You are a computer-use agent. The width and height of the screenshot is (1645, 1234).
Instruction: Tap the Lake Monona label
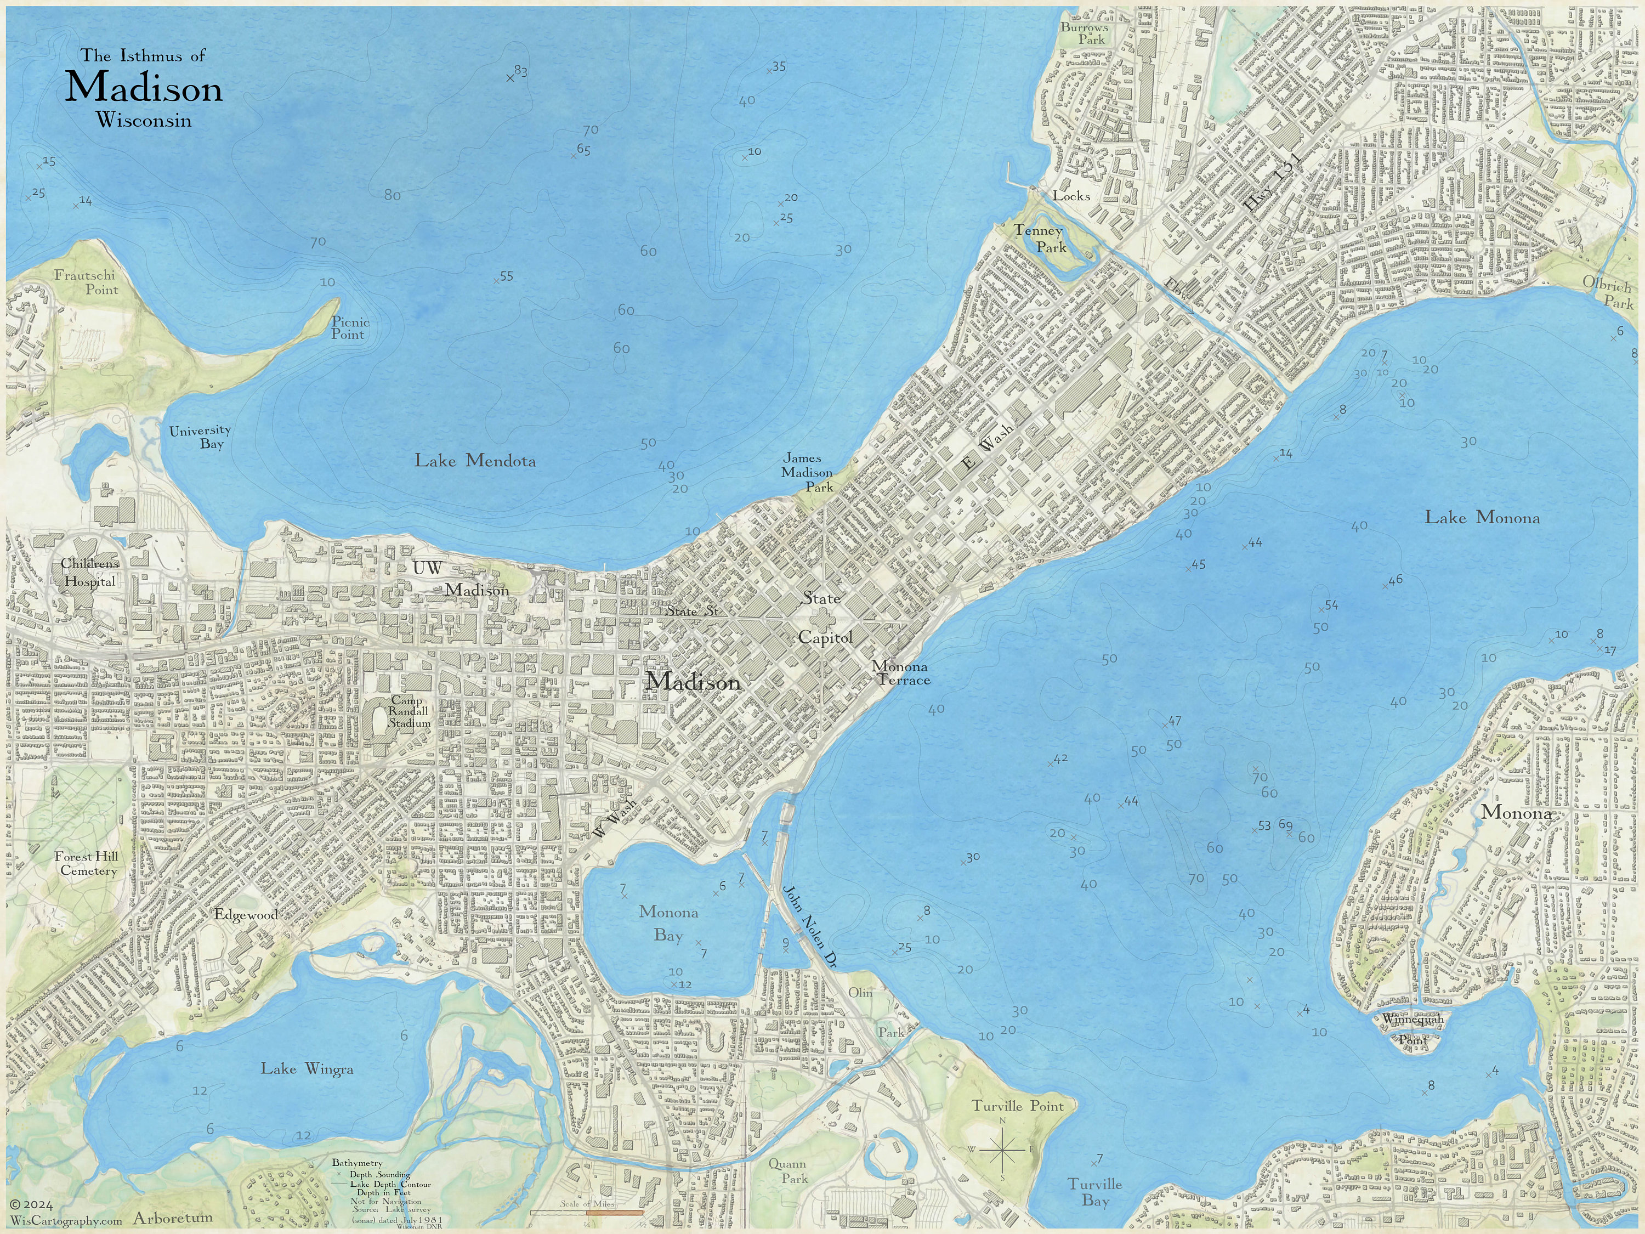pyautogui.click(x=1482, y=518)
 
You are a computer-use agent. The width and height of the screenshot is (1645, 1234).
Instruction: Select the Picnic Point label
pyautogui.click(x=349, y=328)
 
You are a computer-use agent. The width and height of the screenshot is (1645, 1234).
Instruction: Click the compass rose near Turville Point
pyautogui.click(x=1002, y=1149)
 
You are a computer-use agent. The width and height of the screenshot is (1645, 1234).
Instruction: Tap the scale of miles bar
pyautogui.click(x=586, y=1213)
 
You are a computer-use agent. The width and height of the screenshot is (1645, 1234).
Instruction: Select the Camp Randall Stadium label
pyautogui.click(x=409, y=712)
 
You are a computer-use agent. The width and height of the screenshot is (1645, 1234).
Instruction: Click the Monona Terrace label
pyautogui.click(x=901, y=673)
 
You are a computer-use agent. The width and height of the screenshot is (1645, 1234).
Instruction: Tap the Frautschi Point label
pyautogui.click(x=86, y=282)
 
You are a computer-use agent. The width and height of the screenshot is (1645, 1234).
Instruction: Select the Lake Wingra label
pyautogui.click(x=307, y=1069)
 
